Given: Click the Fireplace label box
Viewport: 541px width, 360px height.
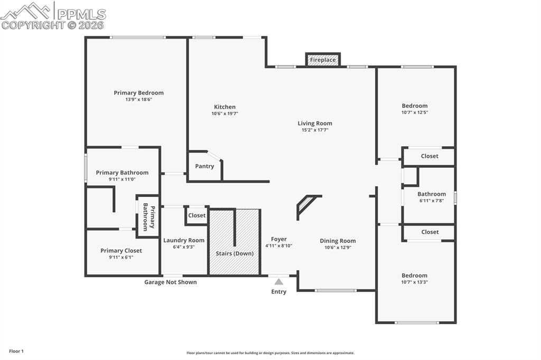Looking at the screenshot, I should [323, 60].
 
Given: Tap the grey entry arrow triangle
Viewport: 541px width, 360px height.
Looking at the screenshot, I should [278, 282].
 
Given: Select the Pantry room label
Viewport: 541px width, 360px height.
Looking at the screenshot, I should [204, 166].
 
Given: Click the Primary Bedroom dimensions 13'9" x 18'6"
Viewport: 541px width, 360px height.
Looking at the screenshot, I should [138, 100].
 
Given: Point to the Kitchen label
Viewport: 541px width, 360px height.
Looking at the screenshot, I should [225, 107].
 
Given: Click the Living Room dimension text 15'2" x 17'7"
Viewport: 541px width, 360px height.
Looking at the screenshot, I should [315, 130].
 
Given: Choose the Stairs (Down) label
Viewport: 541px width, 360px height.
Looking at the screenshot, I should [235, 253].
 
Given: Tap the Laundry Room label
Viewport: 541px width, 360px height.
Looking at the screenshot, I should [183, 240].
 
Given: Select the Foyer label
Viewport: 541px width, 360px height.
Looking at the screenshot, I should [278, 239].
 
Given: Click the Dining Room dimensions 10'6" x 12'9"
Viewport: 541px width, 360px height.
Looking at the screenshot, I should [338, 247].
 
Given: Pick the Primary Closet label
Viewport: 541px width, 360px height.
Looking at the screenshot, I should [121, 251].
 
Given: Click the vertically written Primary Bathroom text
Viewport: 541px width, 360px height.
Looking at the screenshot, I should [149, 218].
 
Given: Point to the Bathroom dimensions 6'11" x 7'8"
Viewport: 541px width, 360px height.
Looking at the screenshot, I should [432, 201].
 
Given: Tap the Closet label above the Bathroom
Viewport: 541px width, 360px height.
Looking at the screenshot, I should [430, 156].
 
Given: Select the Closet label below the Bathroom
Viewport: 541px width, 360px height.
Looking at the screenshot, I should [430, 232].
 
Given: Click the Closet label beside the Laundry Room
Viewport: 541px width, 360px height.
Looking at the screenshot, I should [197, 215].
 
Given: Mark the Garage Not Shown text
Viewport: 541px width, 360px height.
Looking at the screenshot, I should [171, 282].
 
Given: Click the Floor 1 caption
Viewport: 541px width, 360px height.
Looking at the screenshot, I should [16, 351].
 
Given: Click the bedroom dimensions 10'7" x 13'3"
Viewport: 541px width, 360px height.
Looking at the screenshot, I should [414, 282].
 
